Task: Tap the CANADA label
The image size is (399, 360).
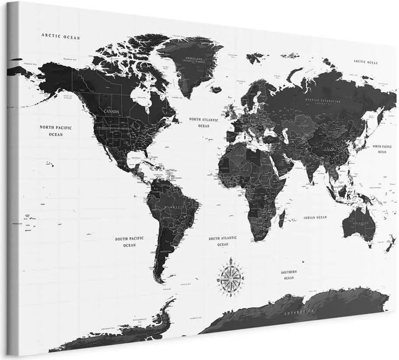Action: [x=111, y=112]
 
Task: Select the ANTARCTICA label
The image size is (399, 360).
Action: [x=299, y=312]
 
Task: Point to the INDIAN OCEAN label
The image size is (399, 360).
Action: [x=316, y=217]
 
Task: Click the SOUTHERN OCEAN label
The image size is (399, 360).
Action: [x=289, y=275]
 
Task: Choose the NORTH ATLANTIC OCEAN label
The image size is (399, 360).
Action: [x=203, y=122]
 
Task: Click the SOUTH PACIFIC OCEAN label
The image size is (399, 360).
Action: [x=129, y=241]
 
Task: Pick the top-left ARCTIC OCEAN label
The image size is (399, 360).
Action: [x=60, y=37]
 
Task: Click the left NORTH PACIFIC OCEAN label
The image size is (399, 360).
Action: [x=56, y=131]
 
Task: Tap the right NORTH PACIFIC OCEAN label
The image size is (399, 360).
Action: [x=381, y=149]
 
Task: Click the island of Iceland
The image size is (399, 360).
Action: [x=215, y=89]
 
